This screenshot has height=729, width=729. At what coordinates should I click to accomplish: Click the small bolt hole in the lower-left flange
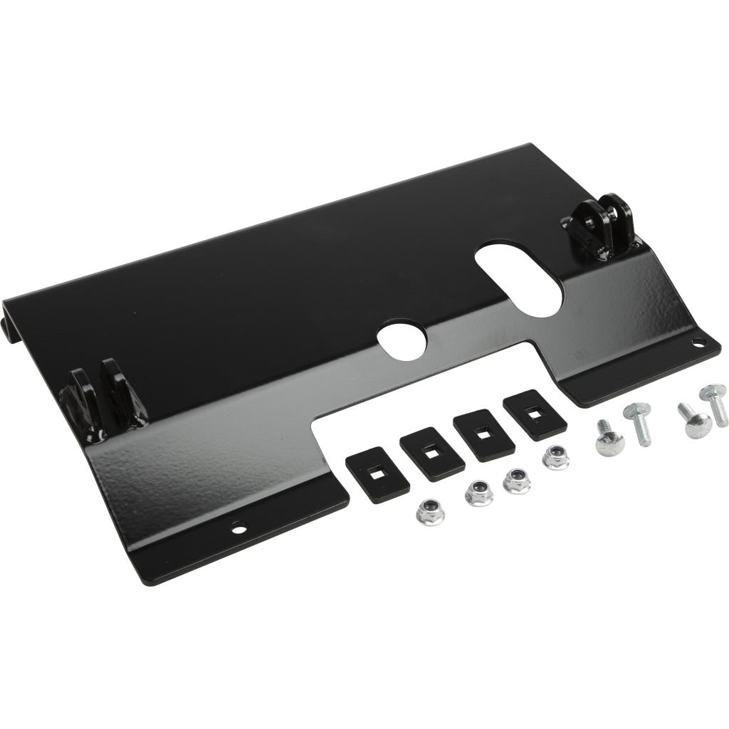[x=238, y=528]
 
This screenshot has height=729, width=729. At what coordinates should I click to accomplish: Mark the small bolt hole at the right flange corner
[x=699, y=343]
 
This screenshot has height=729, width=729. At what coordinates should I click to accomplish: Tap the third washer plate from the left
[x=484, y=434]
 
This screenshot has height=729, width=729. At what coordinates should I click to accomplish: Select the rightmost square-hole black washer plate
[x=535, y=415]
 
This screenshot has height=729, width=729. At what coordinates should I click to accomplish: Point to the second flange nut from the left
[x=478, y=493]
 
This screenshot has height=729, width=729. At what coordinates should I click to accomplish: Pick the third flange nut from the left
[x=516, y=481]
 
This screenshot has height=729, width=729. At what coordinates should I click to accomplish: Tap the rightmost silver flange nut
[x=555, y=457]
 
